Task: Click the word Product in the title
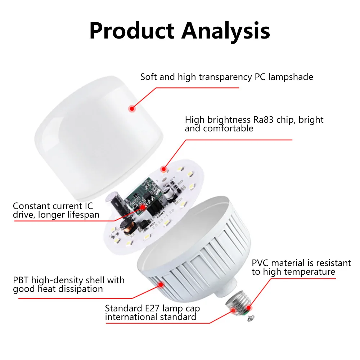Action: pos(131,31)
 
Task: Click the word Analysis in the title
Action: pos(226,31)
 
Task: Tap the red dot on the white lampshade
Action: pos(132,107)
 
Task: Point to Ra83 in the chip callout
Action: pos(263,120)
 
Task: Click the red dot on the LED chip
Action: pos(164,168)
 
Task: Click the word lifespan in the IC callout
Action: pos(81,215)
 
